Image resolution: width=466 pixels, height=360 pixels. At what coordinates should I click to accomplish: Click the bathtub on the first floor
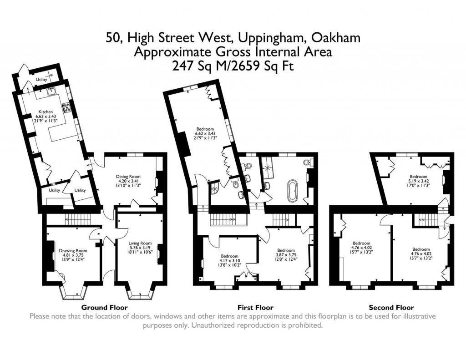(292, 191)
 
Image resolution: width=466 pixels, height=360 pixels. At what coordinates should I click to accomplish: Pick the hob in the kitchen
(66, 107)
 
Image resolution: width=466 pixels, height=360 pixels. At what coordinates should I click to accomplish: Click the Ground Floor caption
(101, 308)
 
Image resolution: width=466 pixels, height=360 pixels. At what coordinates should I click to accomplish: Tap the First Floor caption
(255, 308)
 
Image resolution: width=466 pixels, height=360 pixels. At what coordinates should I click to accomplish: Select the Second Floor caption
(391, 308)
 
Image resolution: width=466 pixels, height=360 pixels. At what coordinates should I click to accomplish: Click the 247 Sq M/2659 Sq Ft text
(233, 66)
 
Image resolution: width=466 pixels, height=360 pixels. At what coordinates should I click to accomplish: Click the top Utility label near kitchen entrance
(42, 80)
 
